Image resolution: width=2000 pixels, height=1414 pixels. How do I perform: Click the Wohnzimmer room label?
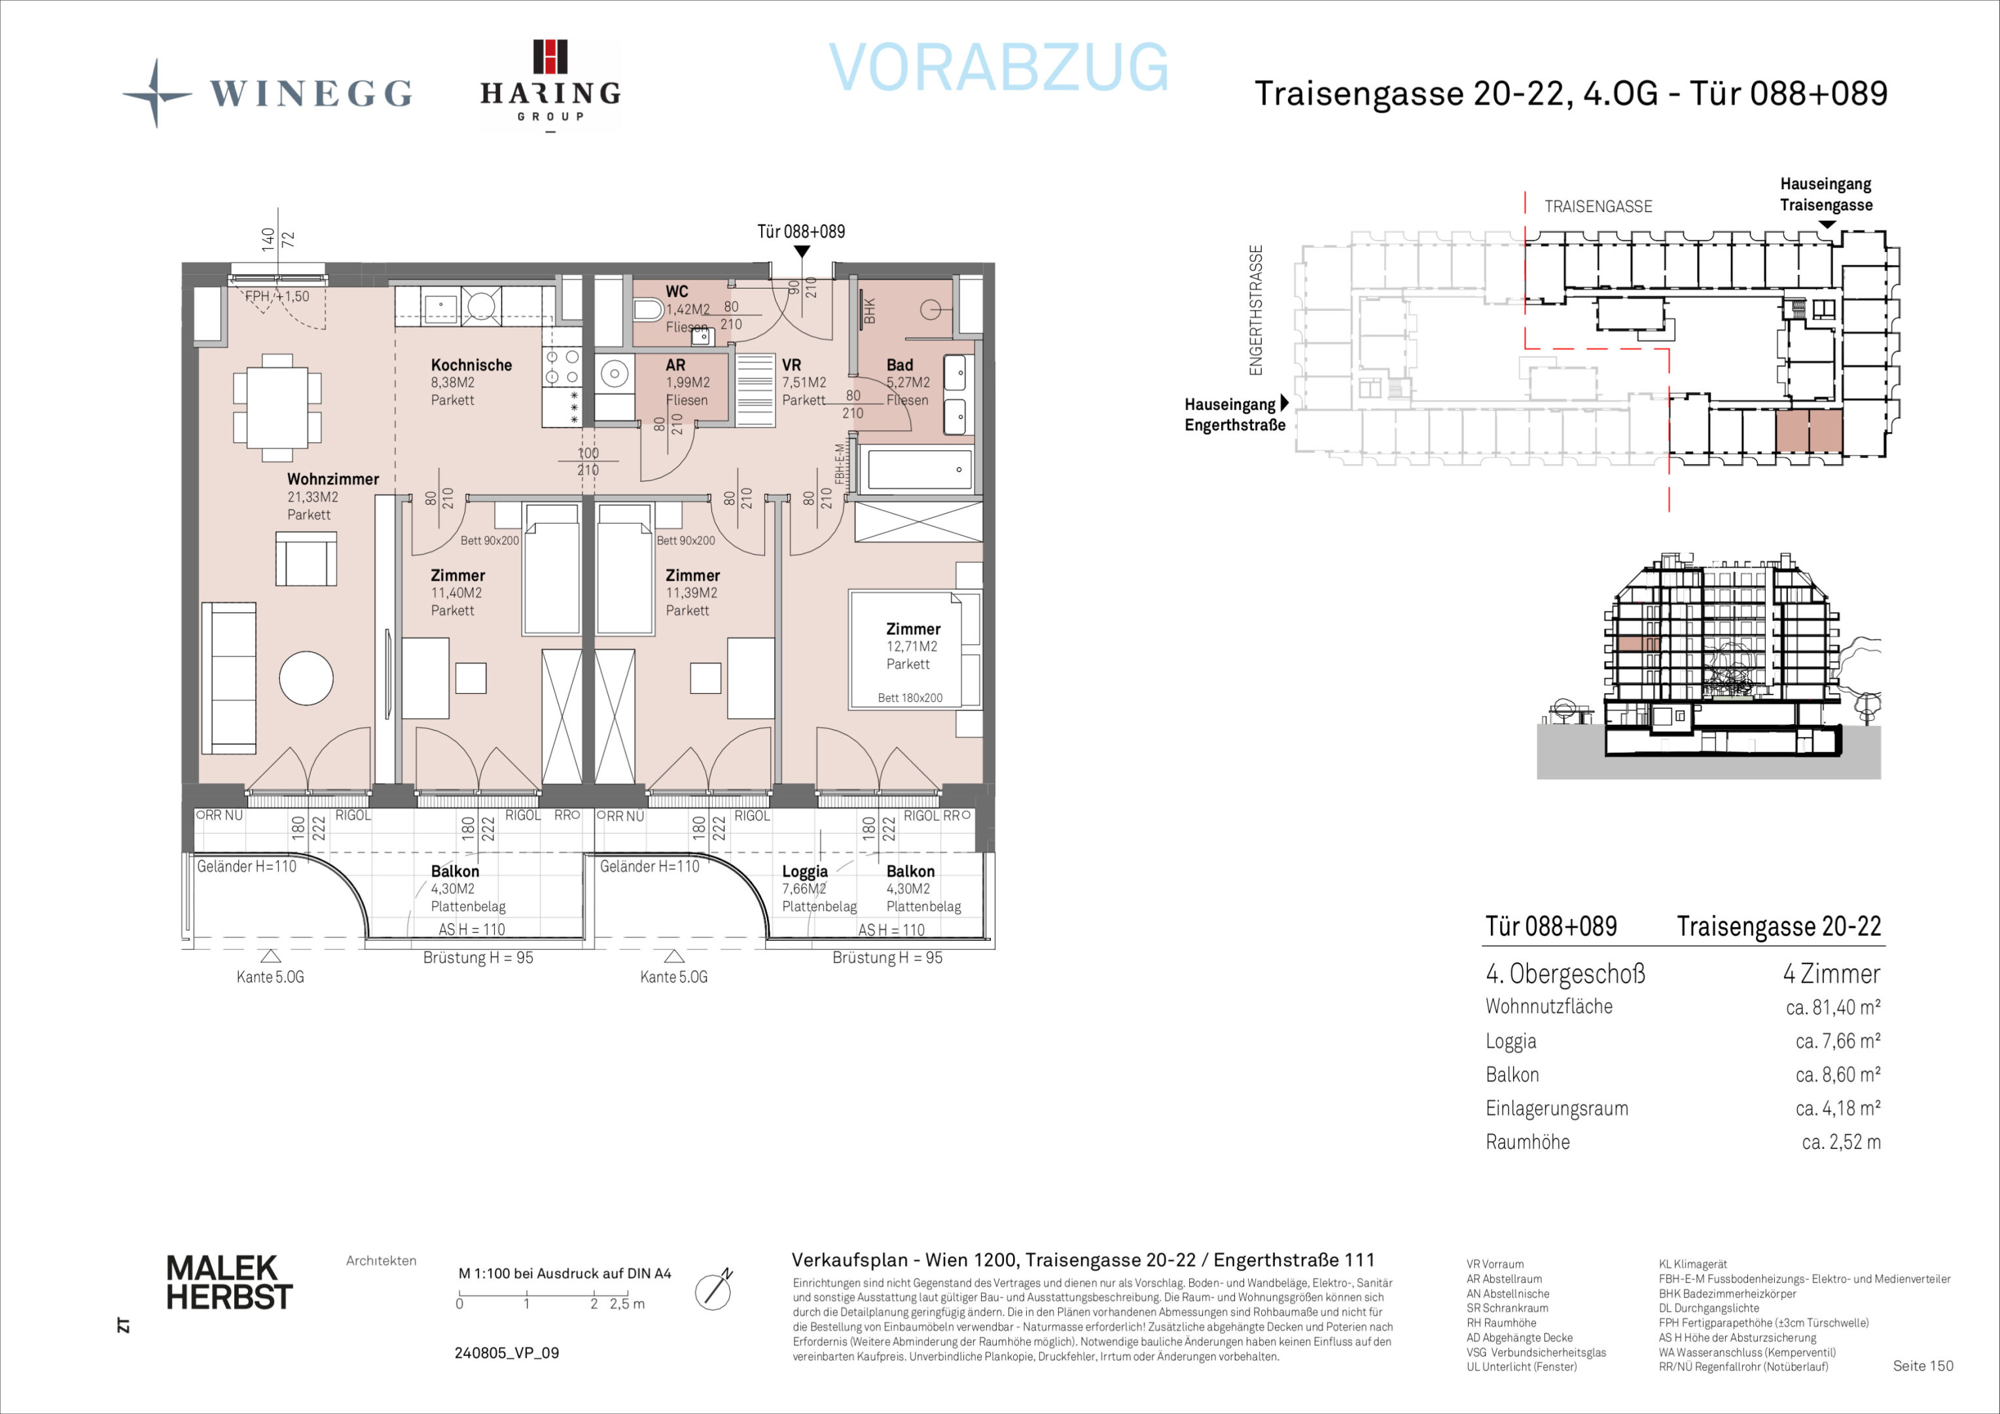[x=332, y=479]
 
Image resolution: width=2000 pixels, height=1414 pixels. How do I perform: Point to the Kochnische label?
[x=471, y=365]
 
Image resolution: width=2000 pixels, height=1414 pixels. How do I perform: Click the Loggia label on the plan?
[x=804, y=871]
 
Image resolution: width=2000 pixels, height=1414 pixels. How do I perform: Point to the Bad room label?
[x=900, y=365]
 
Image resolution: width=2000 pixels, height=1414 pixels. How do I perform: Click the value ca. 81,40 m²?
[x=1832, y=1007]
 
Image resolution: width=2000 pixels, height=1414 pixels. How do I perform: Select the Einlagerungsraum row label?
[x=1557, y=1108]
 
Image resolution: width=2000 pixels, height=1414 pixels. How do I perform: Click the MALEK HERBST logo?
[x=229, y=1282]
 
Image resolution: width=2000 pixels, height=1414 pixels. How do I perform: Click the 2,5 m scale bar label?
[x=627, y=1304]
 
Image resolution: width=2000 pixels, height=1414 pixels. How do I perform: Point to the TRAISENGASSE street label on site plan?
[x=1598, y=206]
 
